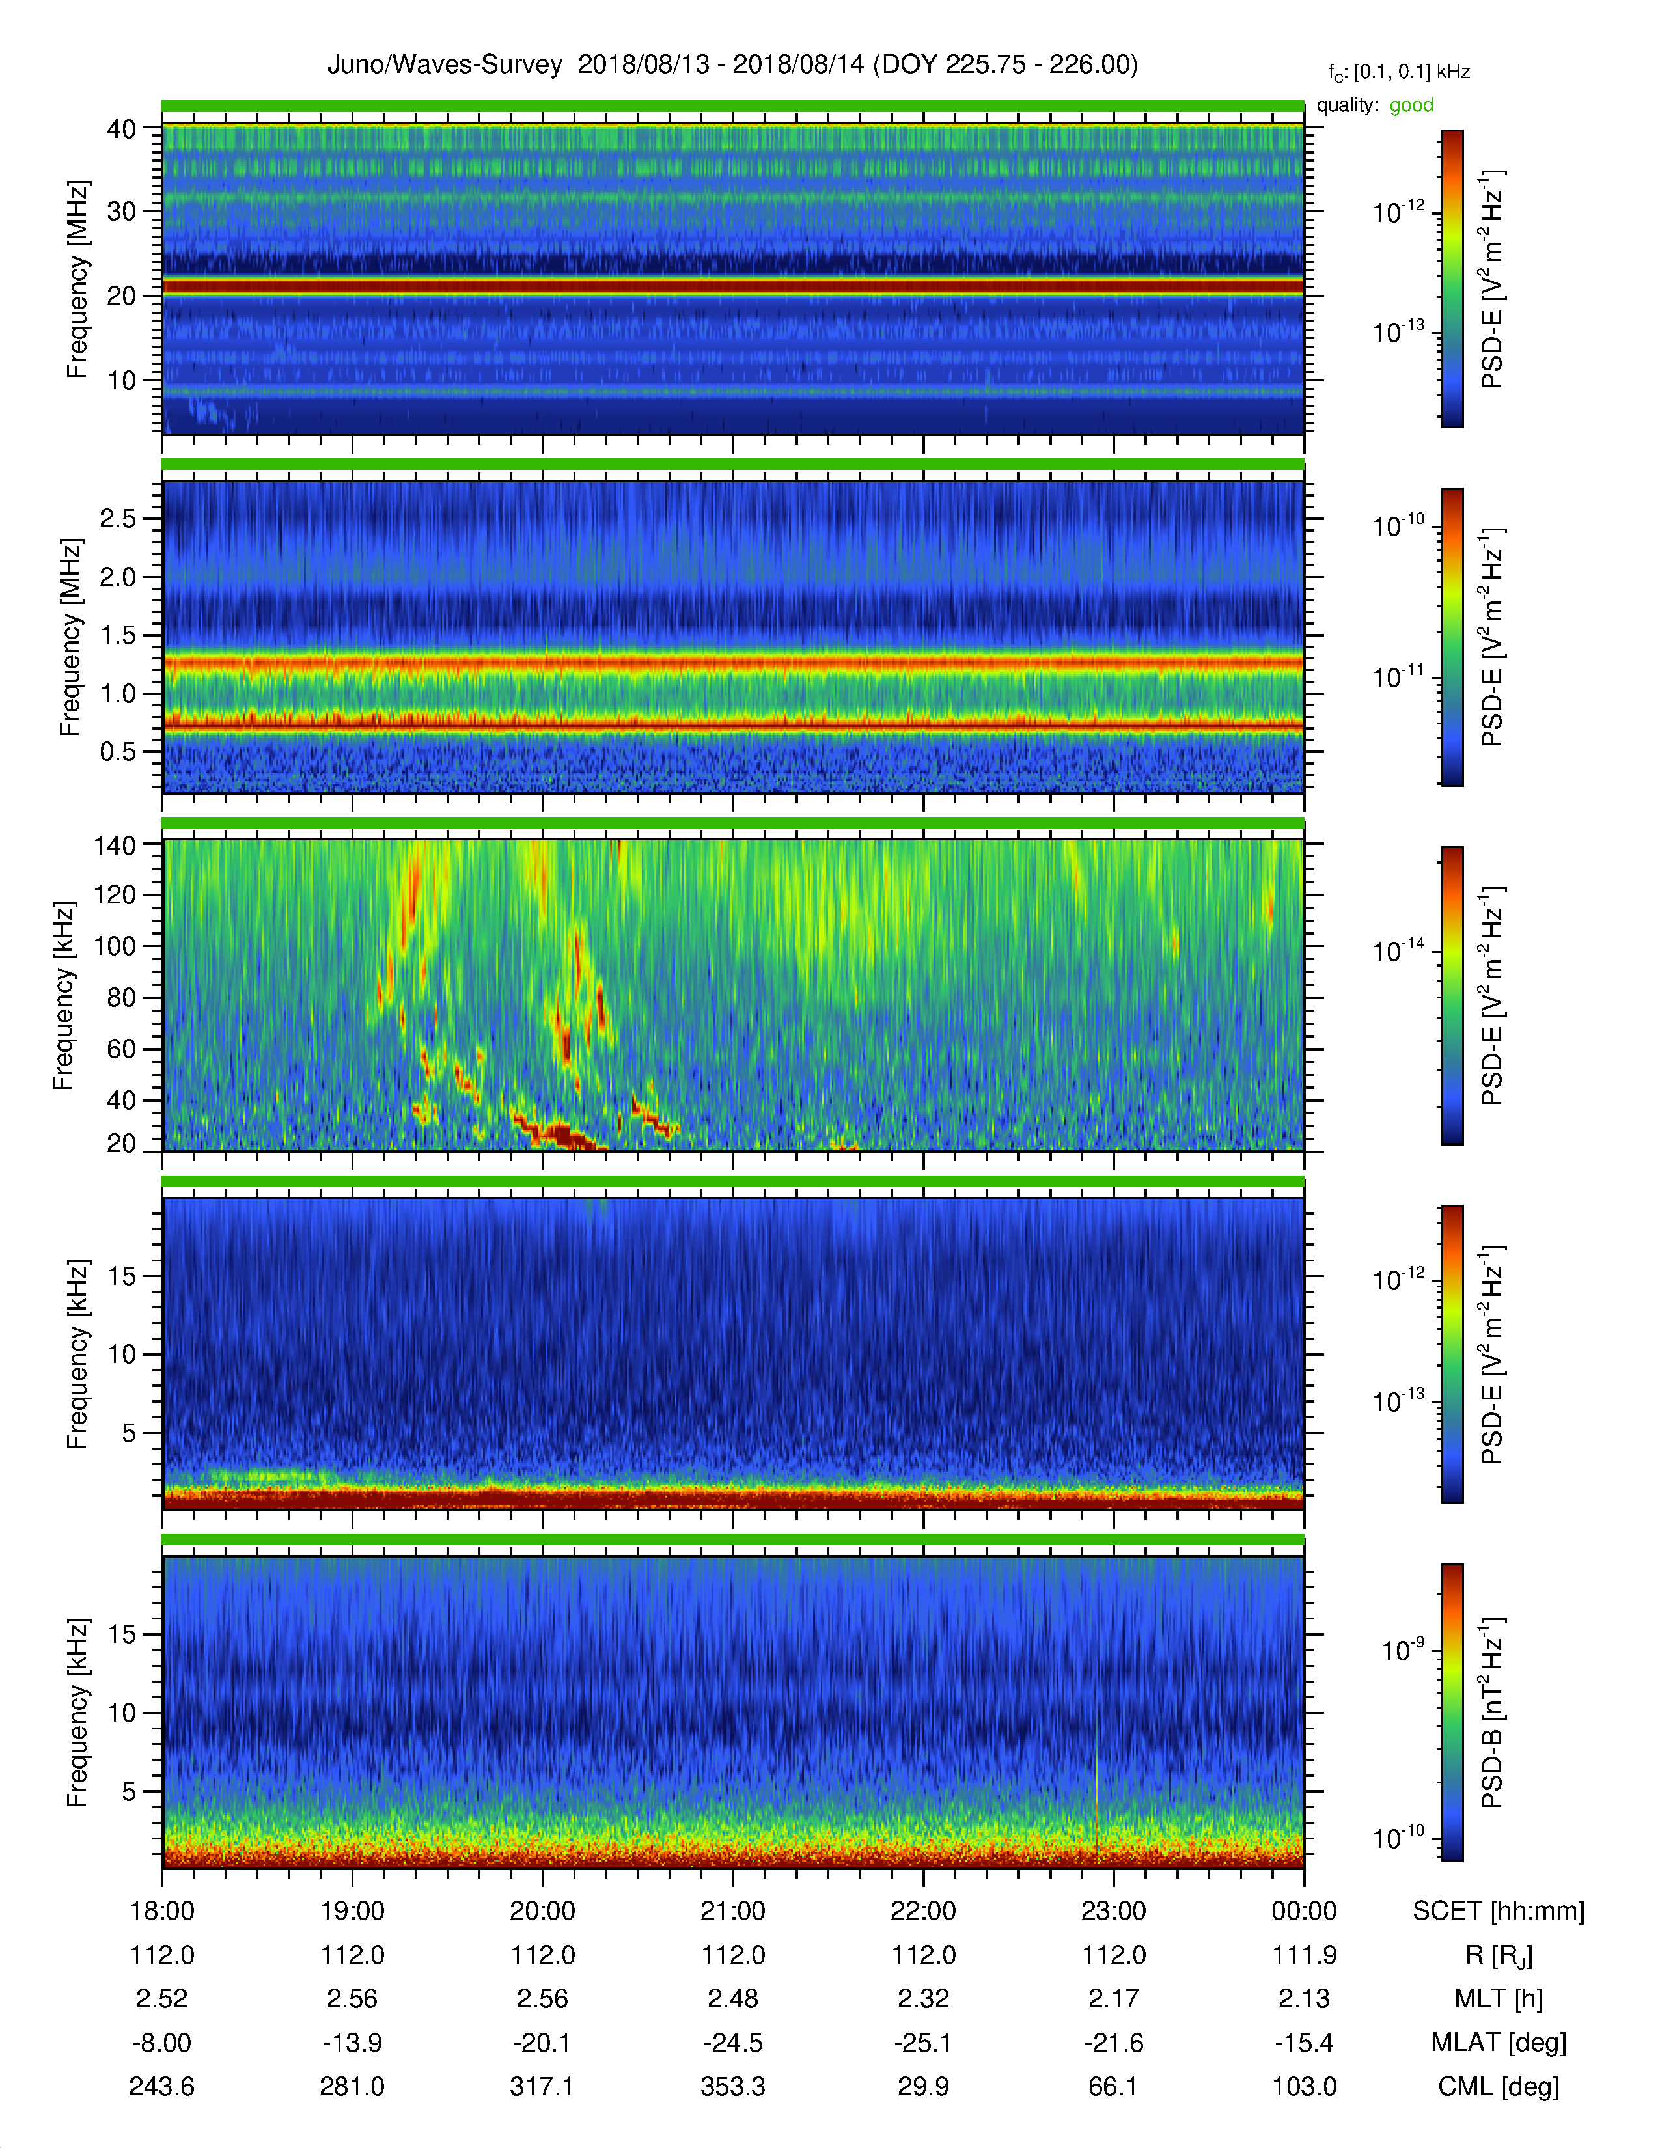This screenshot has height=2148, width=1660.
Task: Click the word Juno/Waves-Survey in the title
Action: (x=445, y=65)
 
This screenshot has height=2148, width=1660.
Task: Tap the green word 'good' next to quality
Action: (x=1411, y=105)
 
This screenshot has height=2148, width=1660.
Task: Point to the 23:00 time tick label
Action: (x=1113, y=1911)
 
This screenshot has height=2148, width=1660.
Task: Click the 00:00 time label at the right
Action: (x=1304, y=1911)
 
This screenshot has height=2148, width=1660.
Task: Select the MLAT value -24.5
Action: (x=732, y=2043)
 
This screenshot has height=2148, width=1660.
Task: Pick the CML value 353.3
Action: (x=732, y=2086)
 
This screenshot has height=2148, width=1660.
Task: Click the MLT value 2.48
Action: (x=732, y=1998)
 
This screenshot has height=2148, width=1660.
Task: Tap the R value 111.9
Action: (x=1304, y=1955)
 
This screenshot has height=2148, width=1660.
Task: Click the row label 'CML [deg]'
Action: (x=1499, y=2087)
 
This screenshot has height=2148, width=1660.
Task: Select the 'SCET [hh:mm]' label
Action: (x=1499, y=1912)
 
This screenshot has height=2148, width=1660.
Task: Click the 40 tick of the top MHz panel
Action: (x=121, y=129)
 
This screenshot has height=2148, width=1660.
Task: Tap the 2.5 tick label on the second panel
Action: (x=118, y=518)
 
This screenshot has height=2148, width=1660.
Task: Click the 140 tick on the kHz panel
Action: (x=114, y=845)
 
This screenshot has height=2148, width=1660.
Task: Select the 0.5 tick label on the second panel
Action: (x=118, y=751)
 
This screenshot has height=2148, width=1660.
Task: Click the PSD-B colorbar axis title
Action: (x=1492, y=1711)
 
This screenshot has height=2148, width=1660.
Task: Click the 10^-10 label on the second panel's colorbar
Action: (x=1398, y=525)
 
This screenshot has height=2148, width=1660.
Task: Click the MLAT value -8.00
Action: (x=162, y=2043)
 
